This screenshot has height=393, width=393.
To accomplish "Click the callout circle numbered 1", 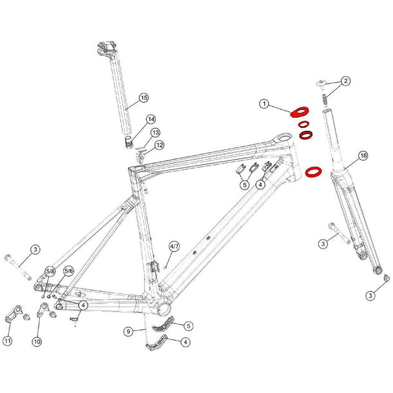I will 264,104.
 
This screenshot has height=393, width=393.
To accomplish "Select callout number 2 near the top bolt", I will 345,81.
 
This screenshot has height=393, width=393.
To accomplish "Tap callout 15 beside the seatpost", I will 143,98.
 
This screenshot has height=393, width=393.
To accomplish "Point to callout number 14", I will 151,119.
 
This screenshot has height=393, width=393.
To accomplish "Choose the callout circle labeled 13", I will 155,133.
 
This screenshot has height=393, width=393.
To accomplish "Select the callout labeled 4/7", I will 173,247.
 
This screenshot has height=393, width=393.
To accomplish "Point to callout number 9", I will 128,331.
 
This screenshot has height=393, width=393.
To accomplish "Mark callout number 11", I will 8,340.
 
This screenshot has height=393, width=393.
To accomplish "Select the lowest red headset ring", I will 313,172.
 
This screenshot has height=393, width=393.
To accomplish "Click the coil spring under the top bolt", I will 325,100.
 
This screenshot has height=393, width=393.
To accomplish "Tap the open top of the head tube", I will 283,137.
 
